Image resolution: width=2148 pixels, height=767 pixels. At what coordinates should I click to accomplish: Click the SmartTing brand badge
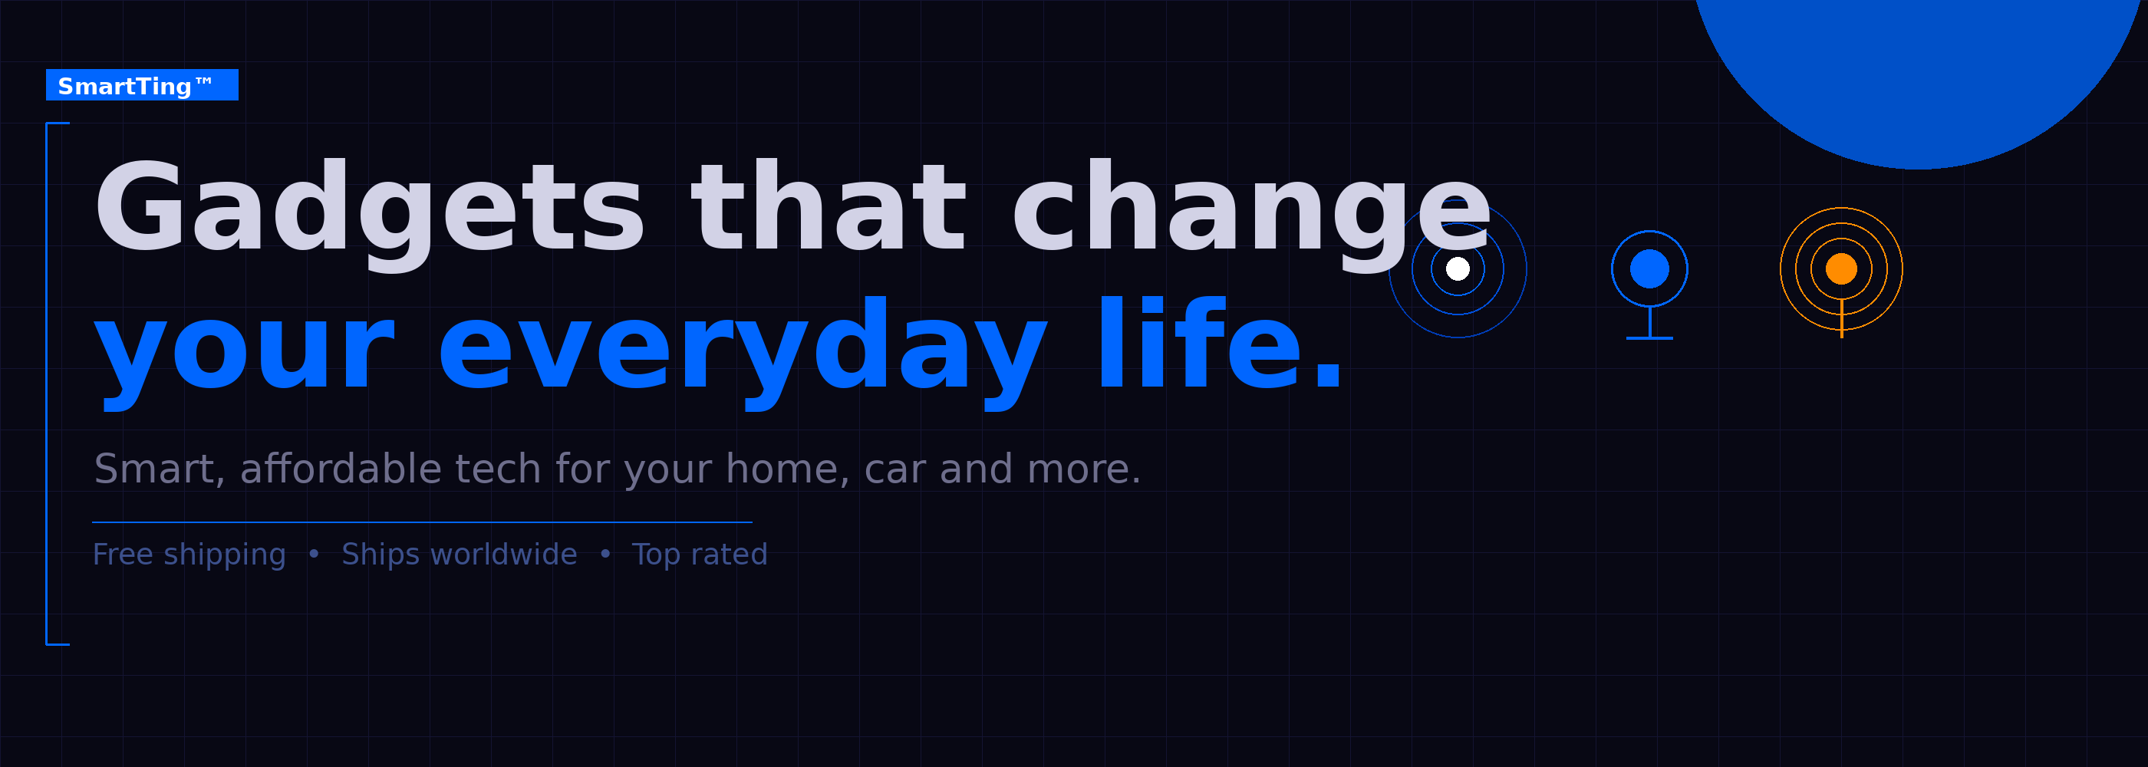142,85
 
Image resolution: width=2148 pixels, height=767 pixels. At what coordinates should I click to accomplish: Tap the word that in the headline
829,204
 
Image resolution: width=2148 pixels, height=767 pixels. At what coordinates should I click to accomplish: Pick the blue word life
1219,343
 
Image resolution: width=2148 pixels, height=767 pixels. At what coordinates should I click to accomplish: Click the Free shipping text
189,555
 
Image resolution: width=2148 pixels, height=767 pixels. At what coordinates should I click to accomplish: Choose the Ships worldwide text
460,555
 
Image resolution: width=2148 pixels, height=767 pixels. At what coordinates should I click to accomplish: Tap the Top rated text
700,555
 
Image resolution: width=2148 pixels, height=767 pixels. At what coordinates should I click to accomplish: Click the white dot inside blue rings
1458,268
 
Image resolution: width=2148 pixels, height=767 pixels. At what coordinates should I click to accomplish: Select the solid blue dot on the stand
1649,268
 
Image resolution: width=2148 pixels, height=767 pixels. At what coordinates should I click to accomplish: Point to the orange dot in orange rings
1841,268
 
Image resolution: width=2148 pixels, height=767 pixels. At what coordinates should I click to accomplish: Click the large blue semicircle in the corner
1918,75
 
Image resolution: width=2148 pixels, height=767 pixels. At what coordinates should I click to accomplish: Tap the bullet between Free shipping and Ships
314,554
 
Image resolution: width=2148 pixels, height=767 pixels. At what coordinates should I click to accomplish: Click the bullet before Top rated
605,554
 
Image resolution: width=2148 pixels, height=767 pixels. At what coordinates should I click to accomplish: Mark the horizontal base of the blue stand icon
1649,337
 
